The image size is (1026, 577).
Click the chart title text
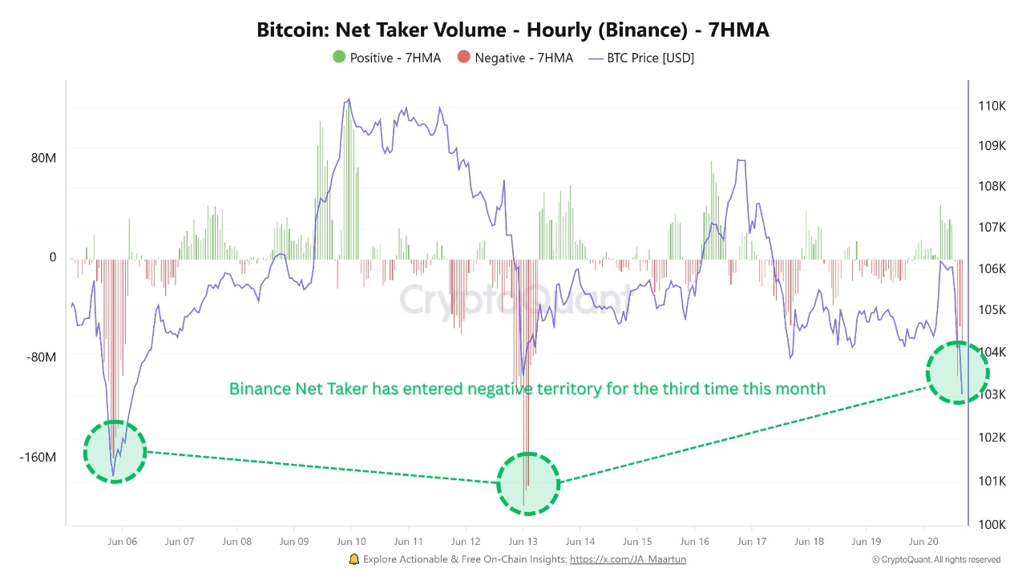pos(513,30)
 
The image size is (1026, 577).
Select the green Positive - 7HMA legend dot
pos(338,58)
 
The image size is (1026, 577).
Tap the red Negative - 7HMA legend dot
pos(463,58)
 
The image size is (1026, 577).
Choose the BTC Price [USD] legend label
pos(650,58)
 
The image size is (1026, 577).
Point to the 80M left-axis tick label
pos(43,158)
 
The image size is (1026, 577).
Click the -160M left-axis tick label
pos(38,458)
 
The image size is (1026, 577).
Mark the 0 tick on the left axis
pos(53,257)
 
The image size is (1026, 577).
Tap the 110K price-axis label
pos(992,106)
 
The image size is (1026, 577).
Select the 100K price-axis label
pos(992,524)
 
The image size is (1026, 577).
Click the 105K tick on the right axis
pos(992,310)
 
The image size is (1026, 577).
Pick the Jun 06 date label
pos(122,542)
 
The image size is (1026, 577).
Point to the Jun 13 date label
pos(523,542)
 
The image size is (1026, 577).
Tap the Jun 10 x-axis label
pos(351,542)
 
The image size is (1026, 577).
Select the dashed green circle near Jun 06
pos(115,452)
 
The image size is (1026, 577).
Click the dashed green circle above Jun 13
pos(528,483)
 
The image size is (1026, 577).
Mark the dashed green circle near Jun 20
pos(958,373)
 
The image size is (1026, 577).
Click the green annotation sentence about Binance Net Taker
pos(527,389)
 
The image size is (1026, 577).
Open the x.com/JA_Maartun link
pos(628,559)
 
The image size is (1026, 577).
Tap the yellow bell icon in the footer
pos(354,559)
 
